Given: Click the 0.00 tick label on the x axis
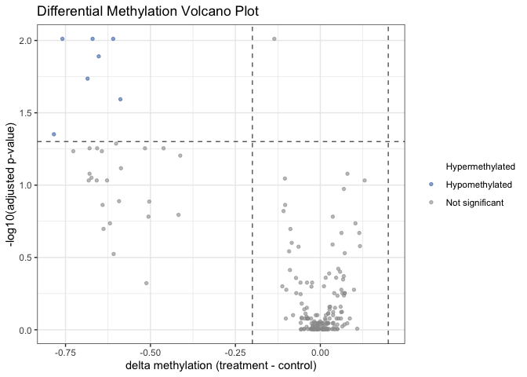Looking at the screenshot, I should point(320,352).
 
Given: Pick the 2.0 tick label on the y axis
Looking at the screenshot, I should point(27,41).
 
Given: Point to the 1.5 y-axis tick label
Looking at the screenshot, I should point(27,113).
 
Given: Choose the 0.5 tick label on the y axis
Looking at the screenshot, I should point(27,258).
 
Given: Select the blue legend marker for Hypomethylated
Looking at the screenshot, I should point(431,185).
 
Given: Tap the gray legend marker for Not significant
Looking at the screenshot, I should point(431,203).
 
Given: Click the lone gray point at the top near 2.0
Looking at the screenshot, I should point(274,38).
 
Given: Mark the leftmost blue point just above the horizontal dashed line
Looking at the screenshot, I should point(53,134).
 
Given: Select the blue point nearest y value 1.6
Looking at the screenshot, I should point(120,100).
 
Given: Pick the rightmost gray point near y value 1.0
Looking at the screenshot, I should point(364,181).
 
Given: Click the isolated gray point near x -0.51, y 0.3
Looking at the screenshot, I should point(147,283).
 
